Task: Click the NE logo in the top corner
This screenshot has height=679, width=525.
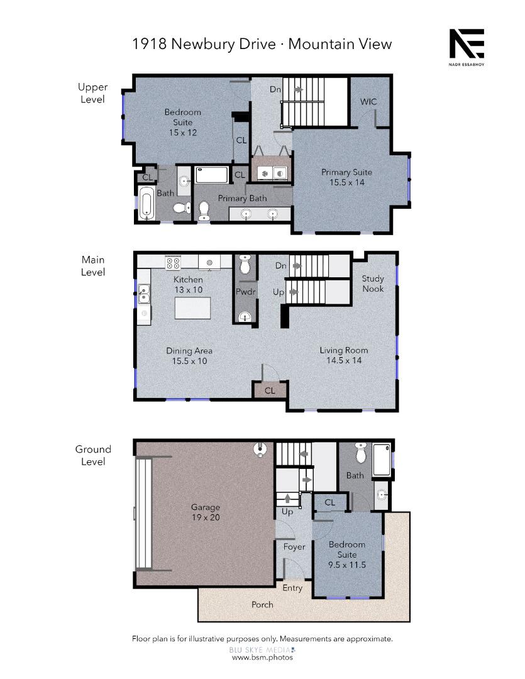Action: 466,45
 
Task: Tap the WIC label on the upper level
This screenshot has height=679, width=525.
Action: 368,102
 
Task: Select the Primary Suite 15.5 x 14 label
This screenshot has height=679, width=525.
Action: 346,177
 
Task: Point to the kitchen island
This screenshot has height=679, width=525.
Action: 192,309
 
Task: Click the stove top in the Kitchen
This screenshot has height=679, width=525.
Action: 173,262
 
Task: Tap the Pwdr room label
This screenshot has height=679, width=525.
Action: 243,292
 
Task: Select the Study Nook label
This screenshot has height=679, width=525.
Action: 373,284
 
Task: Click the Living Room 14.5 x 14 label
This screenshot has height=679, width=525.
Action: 344,355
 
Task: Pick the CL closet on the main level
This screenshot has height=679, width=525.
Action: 270,390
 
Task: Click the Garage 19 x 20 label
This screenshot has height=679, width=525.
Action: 206,512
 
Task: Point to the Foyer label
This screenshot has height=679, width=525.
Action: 294,547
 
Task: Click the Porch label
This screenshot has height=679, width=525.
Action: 262,604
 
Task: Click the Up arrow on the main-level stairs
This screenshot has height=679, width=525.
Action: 293,292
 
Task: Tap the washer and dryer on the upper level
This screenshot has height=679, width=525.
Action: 271,172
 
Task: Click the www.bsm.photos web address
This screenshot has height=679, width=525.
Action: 262,657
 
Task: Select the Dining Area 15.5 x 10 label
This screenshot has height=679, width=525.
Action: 189,356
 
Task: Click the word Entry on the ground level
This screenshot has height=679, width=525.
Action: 292,588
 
